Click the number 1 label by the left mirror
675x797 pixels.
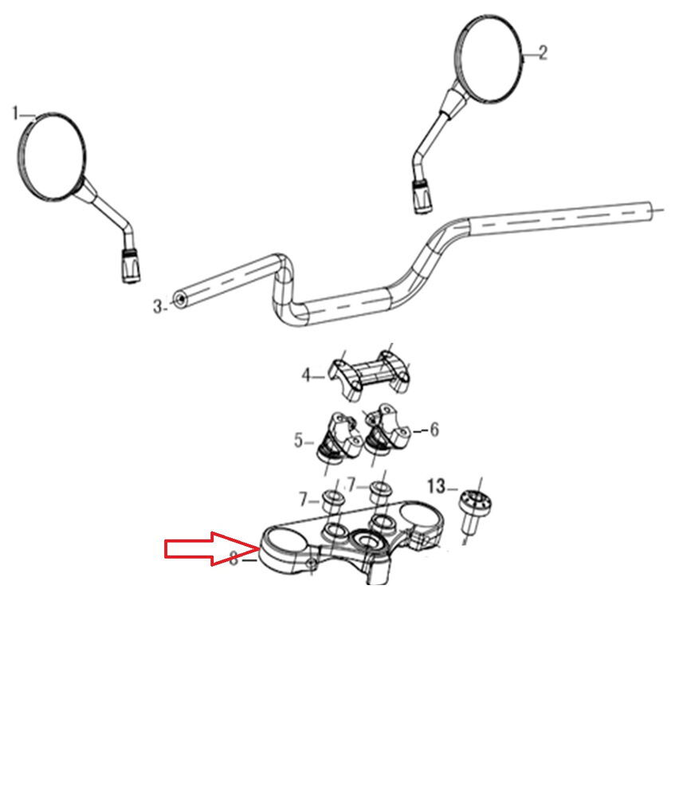point(16,113)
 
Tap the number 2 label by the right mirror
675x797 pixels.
point(543,53)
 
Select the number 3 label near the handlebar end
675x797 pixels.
point(158,306)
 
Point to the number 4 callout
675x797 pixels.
point(305,375)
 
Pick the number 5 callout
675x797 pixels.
point(298,440)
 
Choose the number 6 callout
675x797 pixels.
point(434,430)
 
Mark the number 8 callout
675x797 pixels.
point(234,558)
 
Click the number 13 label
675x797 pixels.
point(436,486)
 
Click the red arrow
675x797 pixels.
point(211,548)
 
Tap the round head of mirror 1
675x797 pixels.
point(51,155)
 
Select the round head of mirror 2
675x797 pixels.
point(489,59)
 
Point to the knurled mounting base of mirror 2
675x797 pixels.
point(422,195)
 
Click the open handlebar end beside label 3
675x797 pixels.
point(179,300)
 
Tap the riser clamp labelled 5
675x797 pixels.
point(337,437)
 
